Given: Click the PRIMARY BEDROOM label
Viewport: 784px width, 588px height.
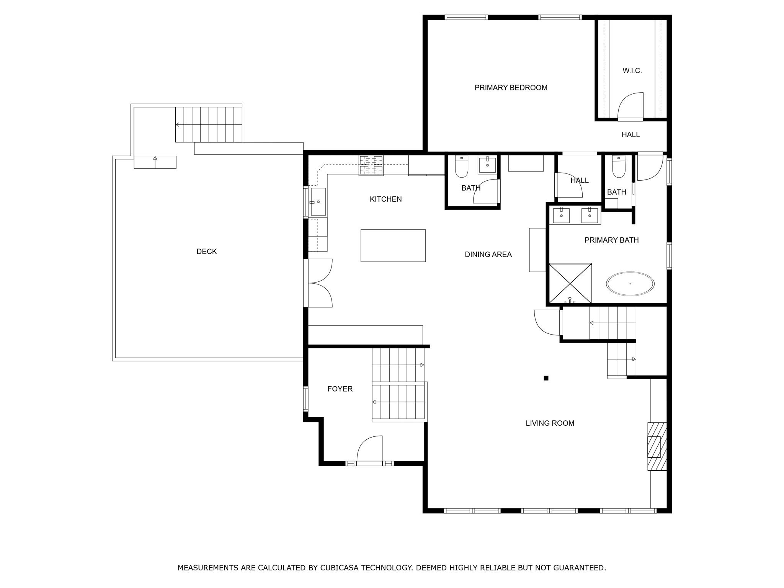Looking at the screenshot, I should click(x=511, y=88).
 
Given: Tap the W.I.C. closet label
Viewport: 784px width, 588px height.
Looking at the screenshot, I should click(x=632, y=71).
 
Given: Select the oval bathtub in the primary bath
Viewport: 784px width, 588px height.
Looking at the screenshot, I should click(x=630, y=284).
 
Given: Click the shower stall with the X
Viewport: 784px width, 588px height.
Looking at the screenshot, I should click(x=570, y=283).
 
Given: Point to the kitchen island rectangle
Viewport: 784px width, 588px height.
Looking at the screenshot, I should click(x=393, y=246).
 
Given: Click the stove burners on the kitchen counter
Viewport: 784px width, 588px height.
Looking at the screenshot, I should click(x=371, y=165).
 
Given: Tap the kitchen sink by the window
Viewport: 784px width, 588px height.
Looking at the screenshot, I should click(x=318, y=202).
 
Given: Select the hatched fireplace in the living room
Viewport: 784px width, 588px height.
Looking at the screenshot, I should click(x=657, y=446).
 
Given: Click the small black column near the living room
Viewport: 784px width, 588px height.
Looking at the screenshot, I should click(x=546, y=378).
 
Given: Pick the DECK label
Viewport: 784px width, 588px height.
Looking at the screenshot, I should click(x=206, y=252).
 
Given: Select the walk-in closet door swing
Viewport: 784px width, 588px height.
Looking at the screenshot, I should click(x=630, y=106).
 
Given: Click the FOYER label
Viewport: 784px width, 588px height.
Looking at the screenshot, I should click(x=340, y=389).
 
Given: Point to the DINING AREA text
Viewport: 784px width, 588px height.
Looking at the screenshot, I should click(x=488, y=255).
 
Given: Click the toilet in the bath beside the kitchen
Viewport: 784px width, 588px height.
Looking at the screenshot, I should click(x=461, y=167).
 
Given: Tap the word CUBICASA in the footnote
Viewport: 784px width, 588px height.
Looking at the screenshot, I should click(x=334, y=568).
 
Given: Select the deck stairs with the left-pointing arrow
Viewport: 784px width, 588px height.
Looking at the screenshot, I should click(x=209, y=125).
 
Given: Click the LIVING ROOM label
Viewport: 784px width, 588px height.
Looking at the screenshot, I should click(x=550, y=423).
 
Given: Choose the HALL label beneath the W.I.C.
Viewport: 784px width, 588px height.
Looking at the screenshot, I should click(x=630, y=135).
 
